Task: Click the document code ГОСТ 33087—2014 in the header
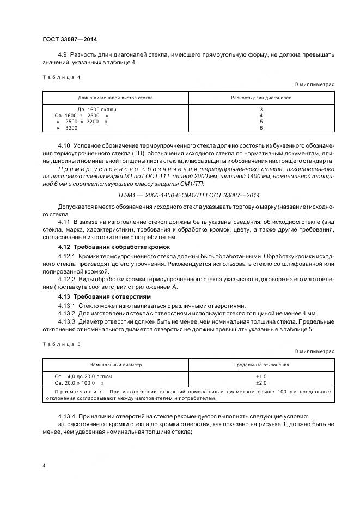click(x=70, y=39)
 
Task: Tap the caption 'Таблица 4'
click(x=61, y=77)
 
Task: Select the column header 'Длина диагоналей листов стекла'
click(x=115, y=98)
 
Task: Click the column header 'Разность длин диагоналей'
click(x=261, y=98)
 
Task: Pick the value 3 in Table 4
click(x=261, y=110)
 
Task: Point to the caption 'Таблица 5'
click(x=61, y=344)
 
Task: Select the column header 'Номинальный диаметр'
click(x=116, y=365)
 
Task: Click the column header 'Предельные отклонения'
click(x=261, y=365)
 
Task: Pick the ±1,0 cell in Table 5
click(x=261, y=377)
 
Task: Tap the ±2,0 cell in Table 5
click(x=261, y=383)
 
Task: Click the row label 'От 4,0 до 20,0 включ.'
click(x=84, y=377)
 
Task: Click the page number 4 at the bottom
click(x=44, y=466)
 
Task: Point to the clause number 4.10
click(x=64, y=147)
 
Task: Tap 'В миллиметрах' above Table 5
click(x=314, y=351)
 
